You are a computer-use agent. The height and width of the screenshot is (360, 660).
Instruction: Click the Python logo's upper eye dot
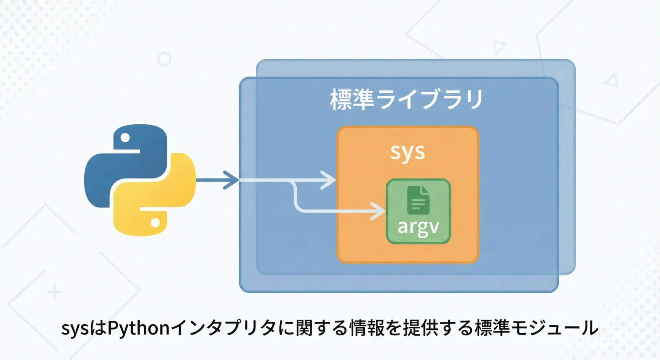125,138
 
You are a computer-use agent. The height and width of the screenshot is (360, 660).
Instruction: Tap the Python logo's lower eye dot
155,223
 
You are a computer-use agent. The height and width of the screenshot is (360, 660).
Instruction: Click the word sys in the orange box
407,152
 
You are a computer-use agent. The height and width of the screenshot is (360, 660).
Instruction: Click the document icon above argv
418,200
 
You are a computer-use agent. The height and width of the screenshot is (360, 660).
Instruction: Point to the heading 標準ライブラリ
407,100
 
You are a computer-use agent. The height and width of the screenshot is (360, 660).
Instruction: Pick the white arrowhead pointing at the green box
378,211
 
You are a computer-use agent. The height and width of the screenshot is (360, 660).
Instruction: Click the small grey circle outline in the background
164,59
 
